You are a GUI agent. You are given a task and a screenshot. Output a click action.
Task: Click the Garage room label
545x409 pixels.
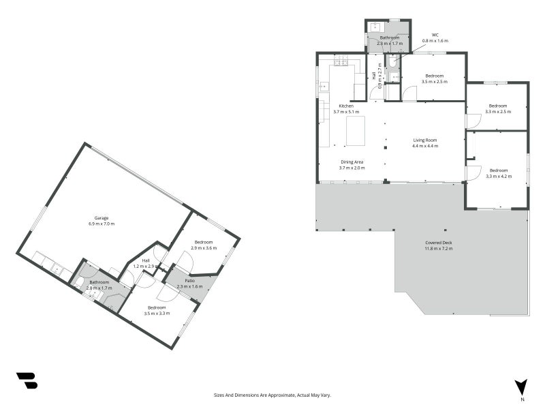(x=102, y=218)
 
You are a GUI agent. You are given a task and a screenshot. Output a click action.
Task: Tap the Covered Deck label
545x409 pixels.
(x=439, y=243)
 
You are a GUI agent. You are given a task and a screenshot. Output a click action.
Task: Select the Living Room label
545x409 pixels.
(x=425, y=140)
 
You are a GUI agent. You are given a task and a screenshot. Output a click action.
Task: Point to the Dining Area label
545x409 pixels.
(x=352, y=162)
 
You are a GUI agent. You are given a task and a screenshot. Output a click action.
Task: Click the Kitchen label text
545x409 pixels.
(x=346, y=106)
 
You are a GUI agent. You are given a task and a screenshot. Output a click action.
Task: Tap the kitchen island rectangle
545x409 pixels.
(x=356, y=131)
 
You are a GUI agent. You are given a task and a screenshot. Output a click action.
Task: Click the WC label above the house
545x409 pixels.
(x=435, y=35)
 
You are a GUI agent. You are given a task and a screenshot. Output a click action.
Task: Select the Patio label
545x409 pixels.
(x=190, y=281)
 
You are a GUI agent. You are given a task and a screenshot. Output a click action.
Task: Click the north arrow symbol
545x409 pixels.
(x=521, y=387)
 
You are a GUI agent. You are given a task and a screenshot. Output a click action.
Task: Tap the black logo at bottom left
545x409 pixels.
(x=27, y=380)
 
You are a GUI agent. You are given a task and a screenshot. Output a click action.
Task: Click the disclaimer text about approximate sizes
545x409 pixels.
(x=272, y=395)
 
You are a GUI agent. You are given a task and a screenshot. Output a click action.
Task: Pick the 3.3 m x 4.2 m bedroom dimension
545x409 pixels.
(x=499, y=177)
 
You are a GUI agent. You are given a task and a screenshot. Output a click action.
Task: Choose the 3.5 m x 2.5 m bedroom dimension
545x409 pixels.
(x=435, y=82)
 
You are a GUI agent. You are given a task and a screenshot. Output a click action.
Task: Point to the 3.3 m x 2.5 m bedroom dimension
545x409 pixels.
(x=498, y=112)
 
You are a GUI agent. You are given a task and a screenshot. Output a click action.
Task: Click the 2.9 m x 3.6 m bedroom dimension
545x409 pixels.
(x=204, y=248)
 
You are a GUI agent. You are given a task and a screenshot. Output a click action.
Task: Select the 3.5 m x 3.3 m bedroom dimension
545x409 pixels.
(x=157, y=314)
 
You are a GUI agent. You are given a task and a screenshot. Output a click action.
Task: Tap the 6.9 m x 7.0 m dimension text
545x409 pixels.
(x=102, y=224)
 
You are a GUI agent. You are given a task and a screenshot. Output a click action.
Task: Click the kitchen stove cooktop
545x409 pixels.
(x=341, y=61)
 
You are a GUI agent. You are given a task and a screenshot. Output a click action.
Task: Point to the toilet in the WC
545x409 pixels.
(x=392, y=62)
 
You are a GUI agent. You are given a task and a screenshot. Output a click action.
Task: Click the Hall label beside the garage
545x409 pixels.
(x=146, y=260)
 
